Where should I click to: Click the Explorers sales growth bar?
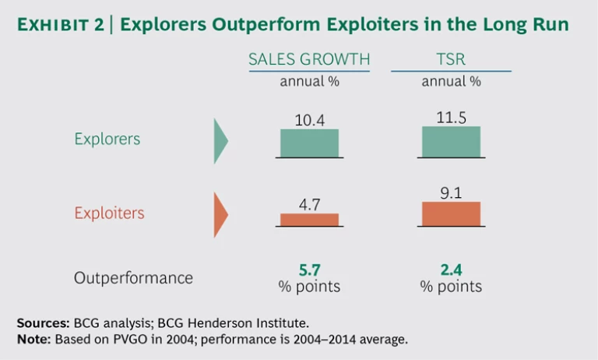pos(309,143)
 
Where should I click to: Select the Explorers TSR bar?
pos(451,141)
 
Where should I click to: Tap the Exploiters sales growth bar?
pos(309,219)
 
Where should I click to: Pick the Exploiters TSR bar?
pos(451,214)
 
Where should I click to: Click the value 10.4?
pos(309,120)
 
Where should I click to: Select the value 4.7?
pos(309,205)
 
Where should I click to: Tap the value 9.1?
pos(452,192)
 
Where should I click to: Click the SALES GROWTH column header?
pos(309,60)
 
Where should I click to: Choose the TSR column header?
pos(451,60)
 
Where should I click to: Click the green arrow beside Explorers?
pos(220,140)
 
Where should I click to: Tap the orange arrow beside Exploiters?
pos(220,214)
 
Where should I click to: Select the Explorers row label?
pos(107,139)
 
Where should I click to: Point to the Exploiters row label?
pos(109,213)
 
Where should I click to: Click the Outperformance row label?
pos(133,277)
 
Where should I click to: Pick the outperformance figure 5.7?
pos(309,270)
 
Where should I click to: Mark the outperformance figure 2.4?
pos(452,270)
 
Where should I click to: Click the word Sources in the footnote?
pos(42,321)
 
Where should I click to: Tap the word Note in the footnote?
pos(33,339)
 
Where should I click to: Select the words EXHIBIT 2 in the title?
pos(61,25)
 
